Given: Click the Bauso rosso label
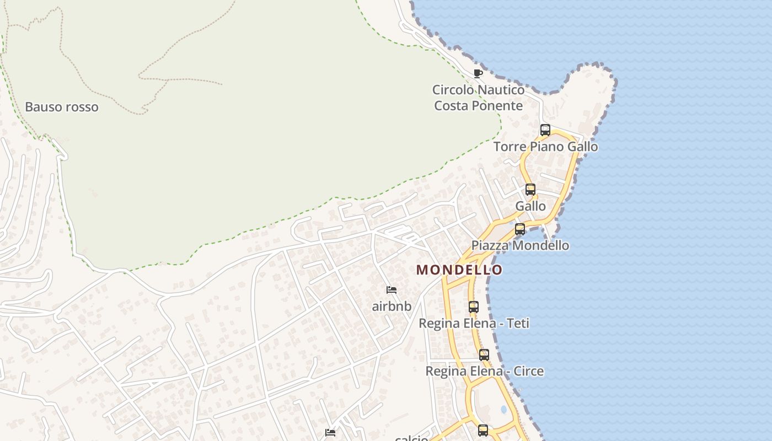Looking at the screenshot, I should (x=62, y=107).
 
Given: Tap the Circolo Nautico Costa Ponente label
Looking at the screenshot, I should (x=478, y=98).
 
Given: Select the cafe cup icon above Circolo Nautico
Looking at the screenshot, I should (x=478, y=73).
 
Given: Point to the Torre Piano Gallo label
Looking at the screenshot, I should (x=545, y=147).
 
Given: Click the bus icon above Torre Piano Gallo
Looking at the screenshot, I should (x=545, y=130).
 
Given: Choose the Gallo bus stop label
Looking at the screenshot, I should (x=530, y=206).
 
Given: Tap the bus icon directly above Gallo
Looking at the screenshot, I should (x=530, y=190).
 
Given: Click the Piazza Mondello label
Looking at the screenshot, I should (x=520, y=245).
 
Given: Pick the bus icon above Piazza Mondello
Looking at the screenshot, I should (x=520, y=229).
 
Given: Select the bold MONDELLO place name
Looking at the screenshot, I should (x=459, y=270).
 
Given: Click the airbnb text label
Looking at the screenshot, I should (x=392, y=306).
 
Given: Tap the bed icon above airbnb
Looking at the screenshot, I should (x=392, y=290).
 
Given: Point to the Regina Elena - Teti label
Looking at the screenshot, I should (x=474, y=323).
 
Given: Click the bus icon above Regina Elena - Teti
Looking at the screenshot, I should (x=474, y=307).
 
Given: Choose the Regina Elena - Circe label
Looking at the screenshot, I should (x=484, y=371).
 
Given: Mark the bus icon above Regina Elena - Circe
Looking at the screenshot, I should (x=484, y=355).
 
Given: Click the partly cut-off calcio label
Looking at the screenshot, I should (x=411, y=438).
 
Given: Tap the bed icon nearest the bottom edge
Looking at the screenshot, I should (x=330, y=433).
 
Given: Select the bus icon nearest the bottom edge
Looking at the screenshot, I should (x=483, y=430).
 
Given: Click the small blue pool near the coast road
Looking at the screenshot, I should (x=503, y=410).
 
